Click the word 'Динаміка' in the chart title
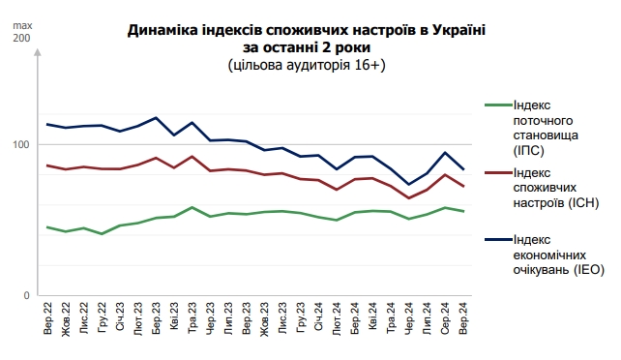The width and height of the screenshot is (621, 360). [163, 30]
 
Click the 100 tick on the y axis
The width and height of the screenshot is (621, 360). [21, 144]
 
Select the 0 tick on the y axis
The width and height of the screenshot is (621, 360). [26, 294]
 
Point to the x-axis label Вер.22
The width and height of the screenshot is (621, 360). [48, 319]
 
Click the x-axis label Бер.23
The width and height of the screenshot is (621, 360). [157, 319]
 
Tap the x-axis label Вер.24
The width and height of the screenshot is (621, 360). [463, 319]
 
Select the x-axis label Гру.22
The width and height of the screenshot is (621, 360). [103, 319]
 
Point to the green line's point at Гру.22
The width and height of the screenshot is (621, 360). [103, 234]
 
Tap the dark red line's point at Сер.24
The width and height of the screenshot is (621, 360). [445, 175]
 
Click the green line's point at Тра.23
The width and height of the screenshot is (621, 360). [192, 207]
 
